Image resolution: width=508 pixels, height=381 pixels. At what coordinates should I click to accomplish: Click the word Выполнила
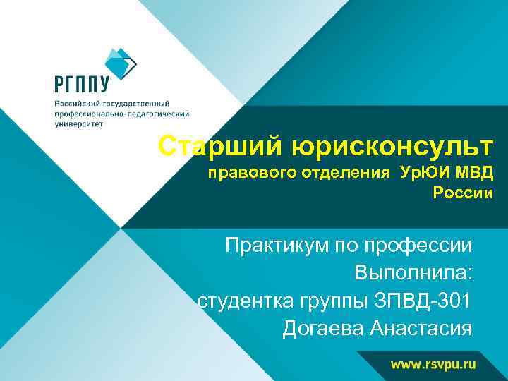click(413, 274)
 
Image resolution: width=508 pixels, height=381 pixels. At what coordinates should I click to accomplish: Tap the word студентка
click(248, 301)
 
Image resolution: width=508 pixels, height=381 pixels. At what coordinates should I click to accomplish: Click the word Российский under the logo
click(80, 103)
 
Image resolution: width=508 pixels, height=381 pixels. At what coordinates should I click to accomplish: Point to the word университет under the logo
click(79, 123)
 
